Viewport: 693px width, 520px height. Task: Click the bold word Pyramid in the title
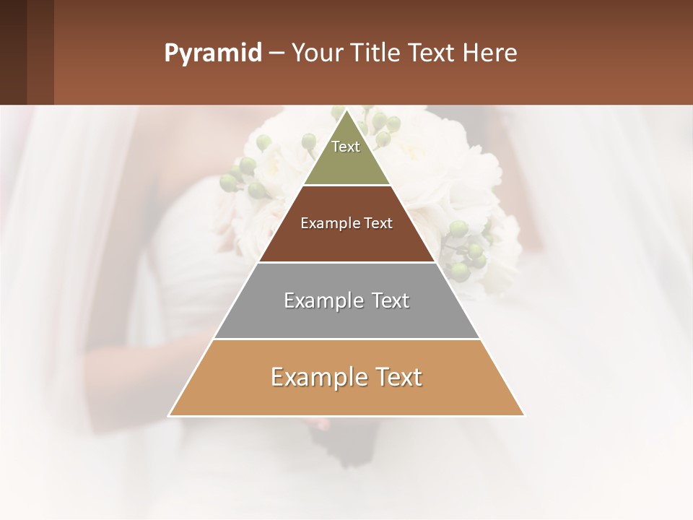pos(212,53)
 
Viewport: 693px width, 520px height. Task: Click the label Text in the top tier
pos(346,147)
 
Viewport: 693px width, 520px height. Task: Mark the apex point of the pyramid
pos(346,110)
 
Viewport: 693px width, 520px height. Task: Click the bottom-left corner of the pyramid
pos(170,415)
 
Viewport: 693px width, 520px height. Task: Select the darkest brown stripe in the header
pos(13,52)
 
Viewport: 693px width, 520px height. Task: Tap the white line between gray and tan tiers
pos(346,339)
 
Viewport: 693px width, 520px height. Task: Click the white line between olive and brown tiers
pos(346,186)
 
